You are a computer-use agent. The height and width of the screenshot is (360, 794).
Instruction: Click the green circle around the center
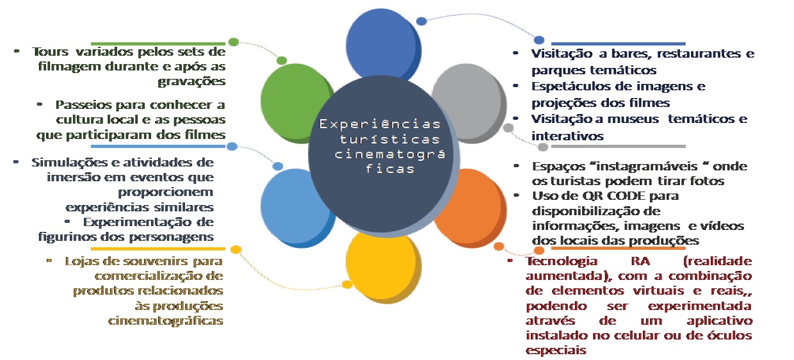pyautogui.click(x=288, y=102)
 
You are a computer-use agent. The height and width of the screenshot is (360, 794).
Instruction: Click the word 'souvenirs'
pyautogui.click(x=141, y=261)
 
